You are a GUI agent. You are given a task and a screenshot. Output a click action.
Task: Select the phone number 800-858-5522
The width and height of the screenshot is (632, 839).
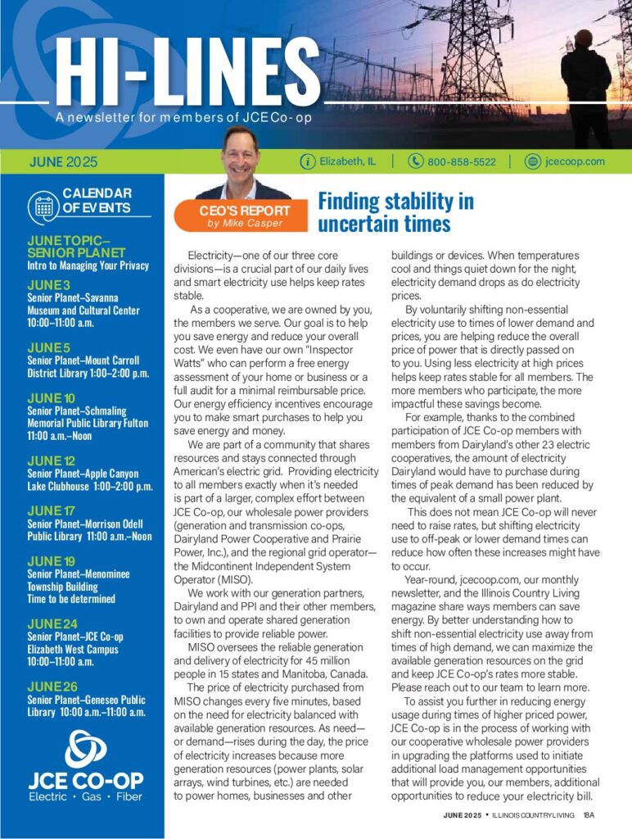[x=461, y=161]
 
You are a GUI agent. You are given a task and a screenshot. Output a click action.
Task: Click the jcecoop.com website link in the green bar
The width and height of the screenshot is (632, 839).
[x=575, y=161]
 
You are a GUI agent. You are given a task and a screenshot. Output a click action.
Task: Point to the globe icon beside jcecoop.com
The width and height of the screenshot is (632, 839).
[x=533, y=161]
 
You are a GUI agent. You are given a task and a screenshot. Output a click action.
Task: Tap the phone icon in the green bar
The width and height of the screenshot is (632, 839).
[x=415, y=161]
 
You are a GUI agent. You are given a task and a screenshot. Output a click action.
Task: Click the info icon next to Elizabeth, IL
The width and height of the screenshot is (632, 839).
[x=308, y=161]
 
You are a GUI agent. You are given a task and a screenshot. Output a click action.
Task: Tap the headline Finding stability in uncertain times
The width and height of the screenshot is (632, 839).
[x=395, y=211]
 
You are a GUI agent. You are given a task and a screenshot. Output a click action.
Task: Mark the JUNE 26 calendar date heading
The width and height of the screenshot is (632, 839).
[x=52, y=686]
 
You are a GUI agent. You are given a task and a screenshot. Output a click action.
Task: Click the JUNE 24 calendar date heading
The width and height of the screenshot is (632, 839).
[x=52, y=624]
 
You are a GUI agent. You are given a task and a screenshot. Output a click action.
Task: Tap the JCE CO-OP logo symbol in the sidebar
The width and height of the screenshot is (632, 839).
[x=85, y=749]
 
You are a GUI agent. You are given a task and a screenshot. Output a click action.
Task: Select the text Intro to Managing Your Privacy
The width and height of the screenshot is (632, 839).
[x=88, y=265]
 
